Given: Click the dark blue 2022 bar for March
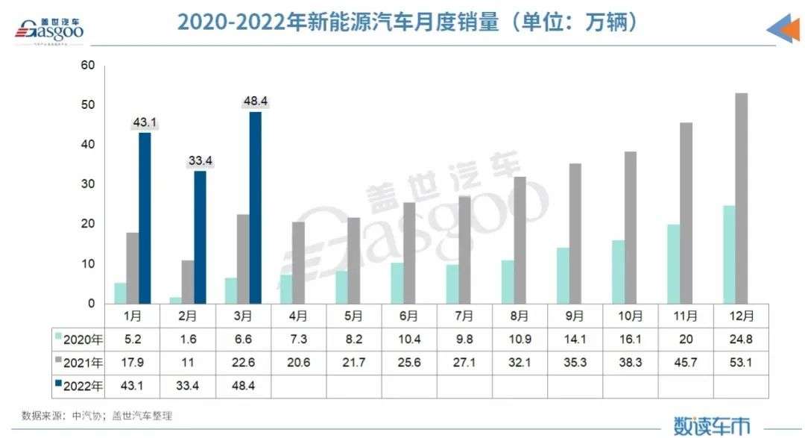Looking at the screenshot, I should [255, 207].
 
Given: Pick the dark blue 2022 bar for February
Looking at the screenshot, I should [200, 237].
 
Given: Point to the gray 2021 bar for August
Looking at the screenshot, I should [520, 240].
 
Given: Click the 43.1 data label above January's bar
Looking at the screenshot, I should [145, 122].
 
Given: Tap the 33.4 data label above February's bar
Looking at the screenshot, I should [200, 161].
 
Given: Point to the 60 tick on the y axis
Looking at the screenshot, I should [88, 66].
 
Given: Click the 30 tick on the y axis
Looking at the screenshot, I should [88, 184].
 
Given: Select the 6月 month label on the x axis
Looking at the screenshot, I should [409, 316].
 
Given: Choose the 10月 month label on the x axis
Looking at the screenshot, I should [630, 316].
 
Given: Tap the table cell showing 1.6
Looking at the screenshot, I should [188, 340].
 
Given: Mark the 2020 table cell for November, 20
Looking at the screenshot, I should [686, 340].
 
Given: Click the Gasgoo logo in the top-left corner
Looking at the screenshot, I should [49, 30].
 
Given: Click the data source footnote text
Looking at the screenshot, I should [97, 416].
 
